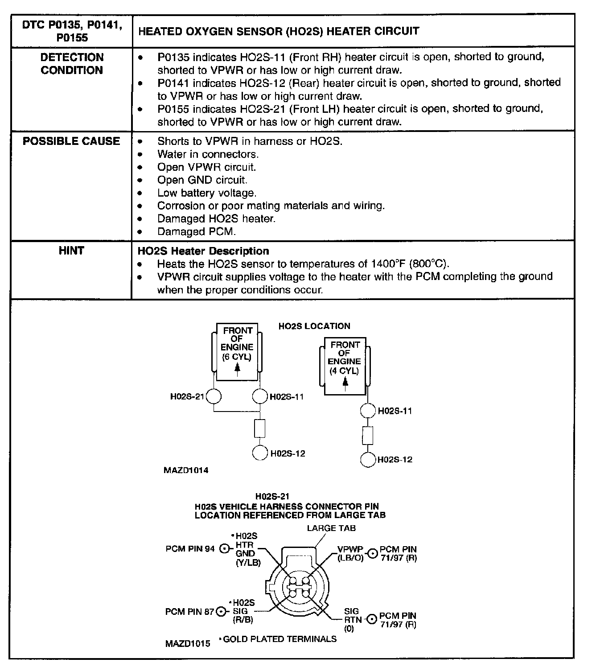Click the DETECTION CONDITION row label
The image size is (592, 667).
72,64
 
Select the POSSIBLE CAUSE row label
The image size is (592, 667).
71,141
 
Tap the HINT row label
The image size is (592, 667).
71,251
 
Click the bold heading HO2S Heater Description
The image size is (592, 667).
203,251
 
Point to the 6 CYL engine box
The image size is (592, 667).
238,352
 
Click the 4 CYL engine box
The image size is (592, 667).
345,366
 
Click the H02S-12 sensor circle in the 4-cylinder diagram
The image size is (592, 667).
368,459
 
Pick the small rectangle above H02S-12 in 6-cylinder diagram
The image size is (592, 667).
260,428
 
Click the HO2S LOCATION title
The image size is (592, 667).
314,326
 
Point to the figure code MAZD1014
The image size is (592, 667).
186,470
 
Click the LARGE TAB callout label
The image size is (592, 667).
331,528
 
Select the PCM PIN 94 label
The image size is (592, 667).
190,549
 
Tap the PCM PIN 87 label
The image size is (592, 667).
189,611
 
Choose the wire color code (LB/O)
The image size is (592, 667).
350,558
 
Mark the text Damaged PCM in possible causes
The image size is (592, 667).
197,232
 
